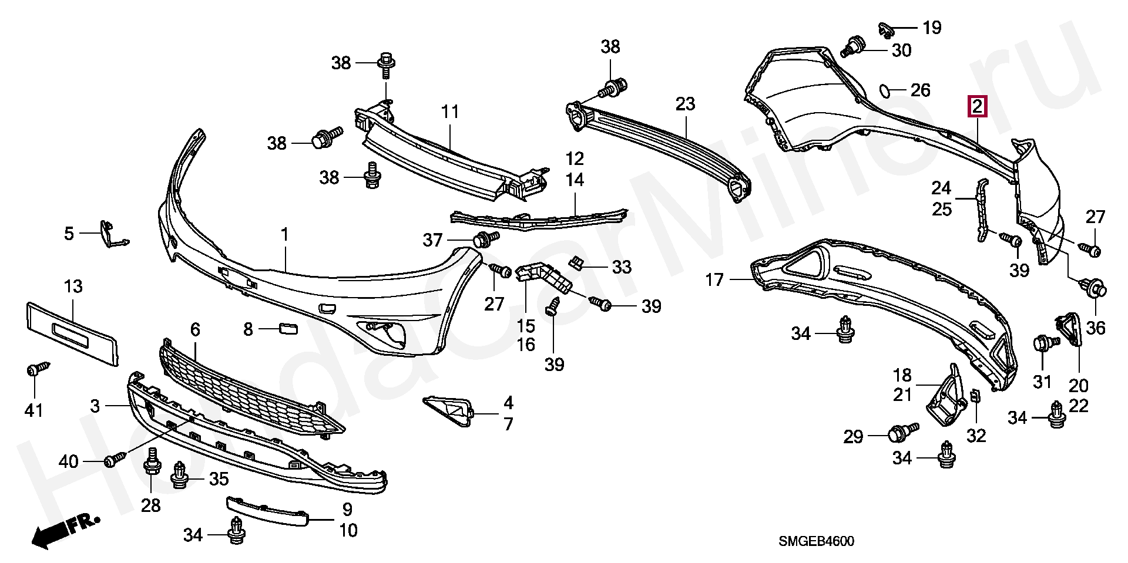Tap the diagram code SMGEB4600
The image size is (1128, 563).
coord(816,541)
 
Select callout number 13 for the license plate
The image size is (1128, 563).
coord(73,287)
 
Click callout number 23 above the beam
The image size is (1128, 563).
coord(685,104)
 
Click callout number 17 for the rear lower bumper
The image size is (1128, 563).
coord(714,280)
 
